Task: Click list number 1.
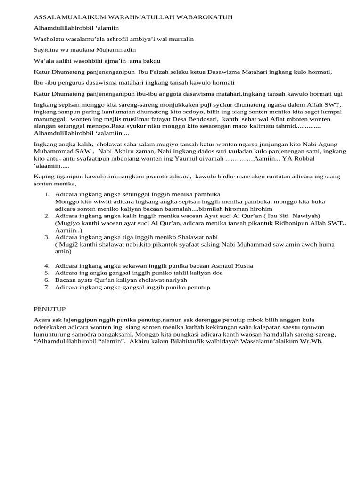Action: click(x=47, y=194)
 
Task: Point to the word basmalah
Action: click(x=175, y=209)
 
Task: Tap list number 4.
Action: click(x=47, y=265)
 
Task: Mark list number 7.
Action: click(x=47, y=287)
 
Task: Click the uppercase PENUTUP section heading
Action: click(x=49, y=309)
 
